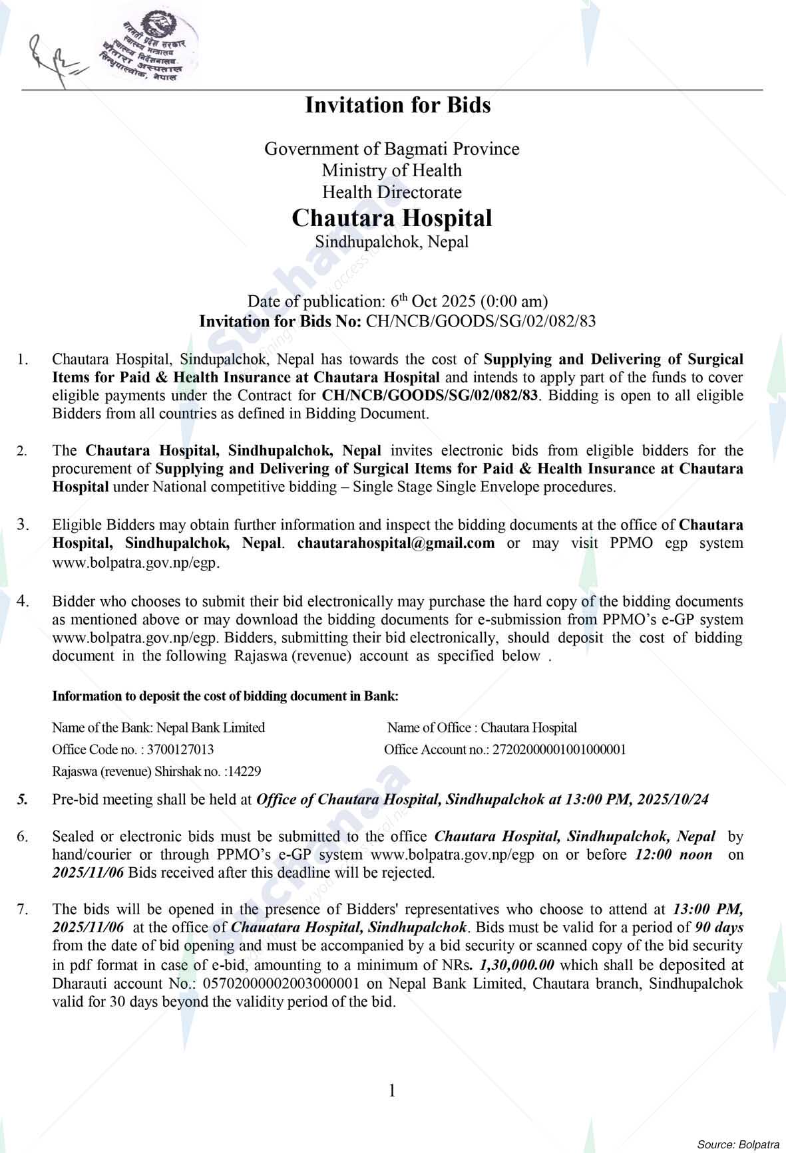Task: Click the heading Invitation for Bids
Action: [x=397, y=105]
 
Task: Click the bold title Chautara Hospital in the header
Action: [x=392, y=218]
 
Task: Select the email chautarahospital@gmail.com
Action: [x=396, y=543]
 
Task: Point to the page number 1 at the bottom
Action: [x=392, y=1090]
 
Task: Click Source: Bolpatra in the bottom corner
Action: [x=737, y=1144]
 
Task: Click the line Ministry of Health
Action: [x=392, y=170]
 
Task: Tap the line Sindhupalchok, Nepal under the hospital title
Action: [x=392, y=241]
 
